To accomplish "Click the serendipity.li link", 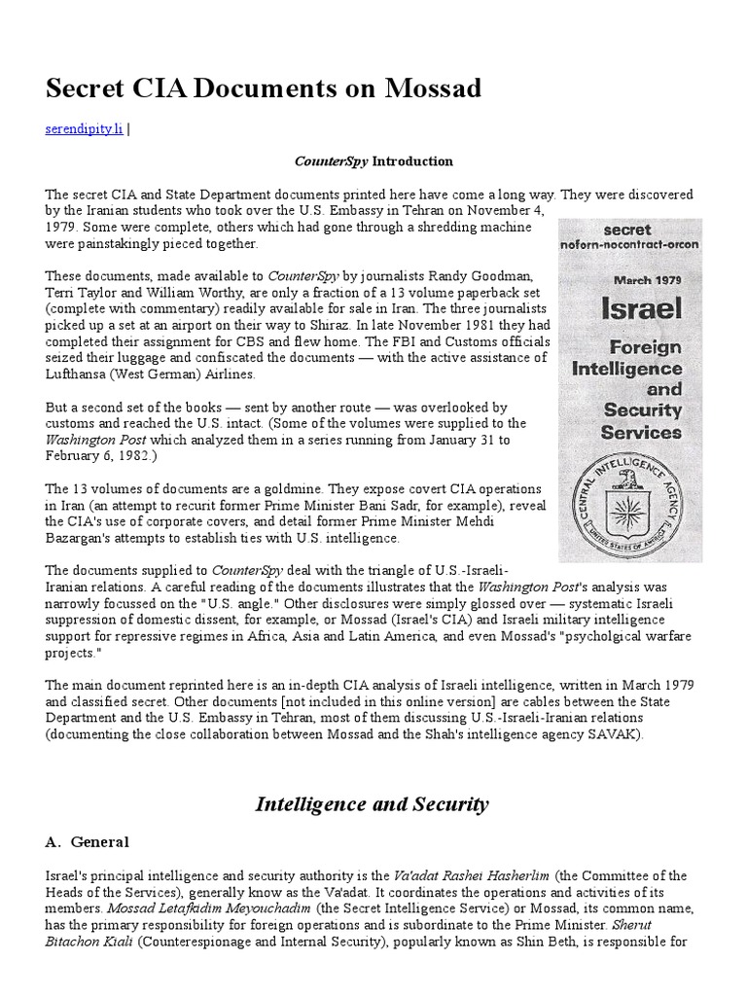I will (84, 129).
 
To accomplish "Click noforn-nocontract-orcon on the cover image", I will (628, 245).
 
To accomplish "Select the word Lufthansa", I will (77, 373).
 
